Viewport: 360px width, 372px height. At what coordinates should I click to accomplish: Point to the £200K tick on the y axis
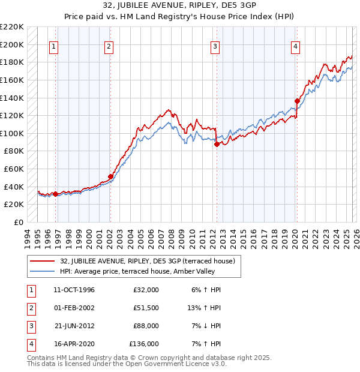[x=12, y=44]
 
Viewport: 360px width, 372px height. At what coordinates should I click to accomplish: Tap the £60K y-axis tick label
[x=14, y=169]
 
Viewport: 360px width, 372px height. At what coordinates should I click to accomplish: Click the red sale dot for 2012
[x=217, y=143]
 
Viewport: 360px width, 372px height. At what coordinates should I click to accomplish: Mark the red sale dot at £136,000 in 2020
[x=297, y=101]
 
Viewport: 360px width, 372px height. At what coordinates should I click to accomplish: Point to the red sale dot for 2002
[x=110, y=176]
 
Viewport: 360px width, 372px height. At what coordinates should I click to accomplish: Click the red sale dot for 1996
[x=55, y=194]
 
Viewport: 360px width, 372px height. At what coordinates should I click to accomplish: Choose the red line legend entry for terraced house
[x=150, y=261]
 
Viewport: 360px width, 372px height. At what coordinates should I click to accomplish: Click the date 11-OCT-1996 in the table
[x=74, y=290]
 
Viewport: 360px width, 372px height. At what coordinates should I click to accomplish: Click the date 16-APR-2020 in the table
[x=74, y=344]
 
